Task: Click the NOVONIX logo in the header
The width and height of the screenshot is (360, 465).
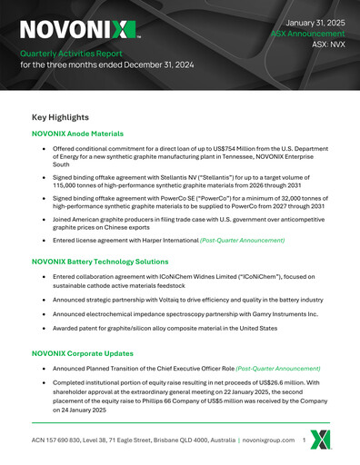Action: pyautogui.click(x=78, y=29)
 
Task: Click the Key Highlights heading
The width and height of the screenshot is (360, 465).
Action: pyautogui.click(x=60, y=117)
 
